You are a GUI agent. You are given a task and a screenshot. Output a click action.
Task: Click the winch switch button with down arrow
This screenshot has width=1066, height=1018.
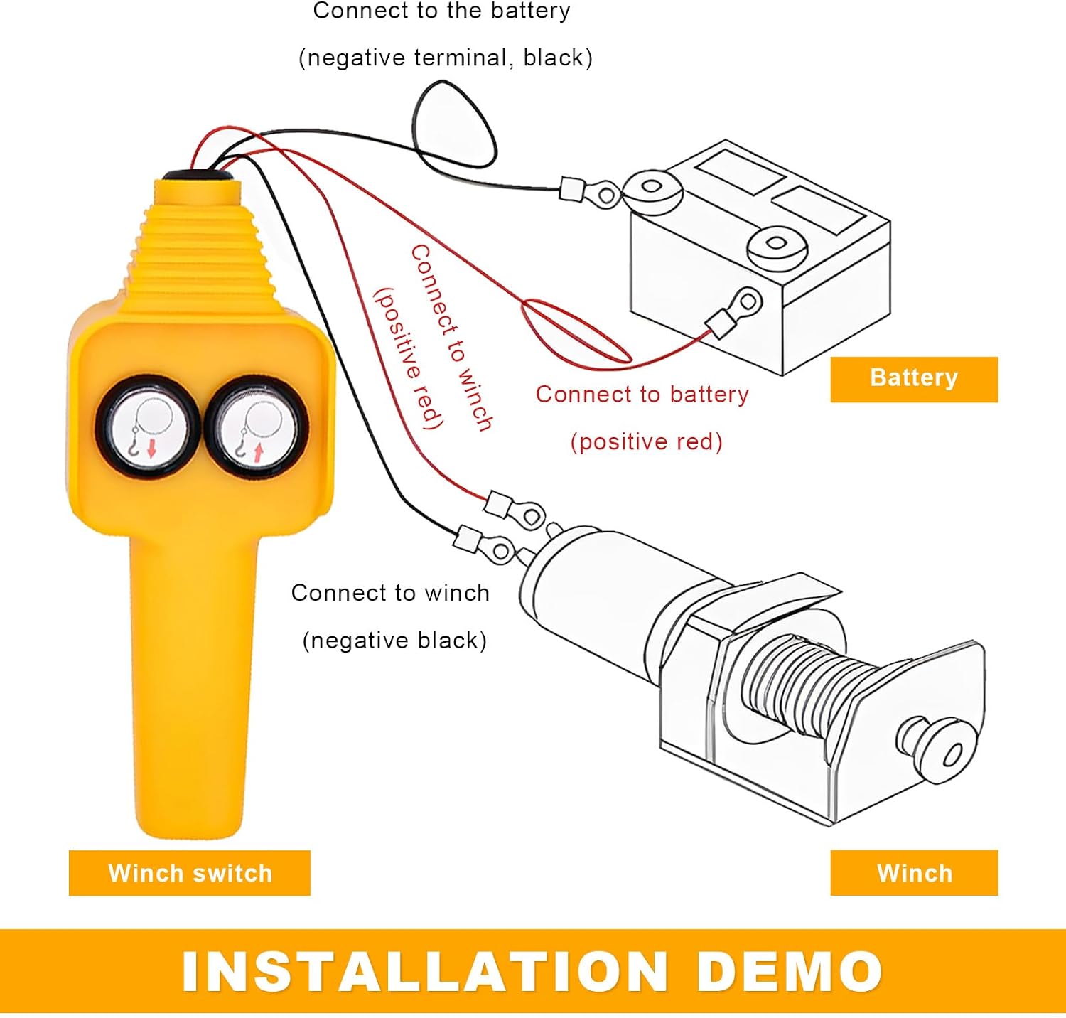pyautogui.click(x=148, y=427)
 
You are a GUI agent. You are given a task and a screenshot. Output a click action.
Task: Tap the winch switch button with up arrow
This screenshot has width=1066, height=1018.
pyautogui.click(x=257, y=427)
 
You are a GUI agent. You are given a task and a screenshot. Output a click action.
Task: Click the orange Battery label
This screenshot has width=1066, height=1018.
pyautogui.click(x=914, y=379)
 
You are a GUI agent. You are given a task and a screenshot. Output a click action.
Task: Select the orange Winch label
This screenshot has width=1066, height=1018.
pyautogui.click(x=914, y=872)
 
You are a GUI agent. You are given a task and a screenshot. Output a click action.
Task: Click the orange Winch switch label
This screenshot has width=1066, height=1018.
pyautogui.click(x=190, y=872)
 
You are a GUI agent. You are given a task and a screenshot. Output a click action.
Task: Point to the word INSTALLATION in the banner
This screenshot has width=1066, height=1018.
pyautogui.click(x=424, y=971)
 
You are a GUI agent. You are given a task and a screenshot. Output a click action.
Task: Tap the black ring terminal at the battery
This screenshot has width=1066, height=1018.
pyautogui.click(x=590, y=191)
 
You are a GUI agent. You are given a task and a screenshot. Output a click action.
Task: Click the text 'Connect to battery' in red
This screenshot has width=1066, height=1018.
pyautogui.click(x=642, y=395)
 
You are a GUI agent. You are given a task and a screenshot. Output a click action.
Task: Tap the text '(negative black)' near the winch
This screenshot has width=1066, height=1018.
pyautogui.click(x=394, y=641)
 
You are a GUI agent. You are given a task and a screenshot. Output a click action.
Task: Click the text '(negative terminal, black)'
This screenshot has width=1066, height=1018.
pyautogui.click(x=446, y=58)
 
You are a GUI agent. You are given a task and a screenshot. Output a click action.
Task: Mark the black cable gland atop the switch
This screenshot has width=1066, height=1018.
pyautogui.click(x=197, y=175)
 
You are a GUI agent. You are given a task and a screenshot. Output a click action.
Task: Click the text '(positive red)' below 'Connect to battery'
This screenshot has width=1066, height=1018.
pyautogui.click(x=646, y=441)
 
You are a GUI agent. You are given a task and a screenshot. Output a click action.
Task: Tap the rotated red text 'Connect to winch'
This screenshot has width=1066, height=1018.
pyautogui.click(x=452, y=338)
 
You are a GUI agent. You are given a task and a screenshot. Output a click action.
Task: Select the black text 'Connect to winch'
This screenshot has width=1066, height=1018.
pyautogui.click(x=390, y=593)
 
